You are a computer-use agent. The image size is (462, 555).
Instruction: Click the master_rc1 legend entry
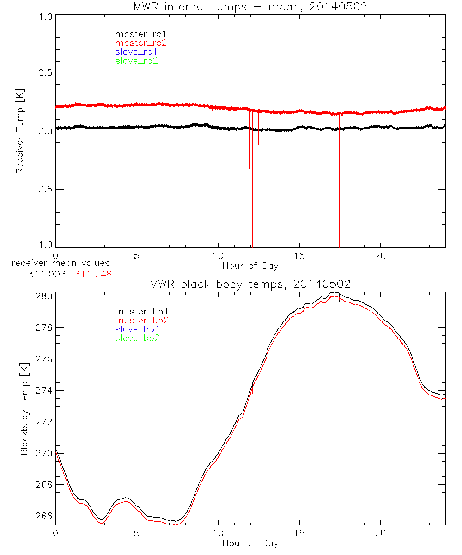click(x=136, y=34)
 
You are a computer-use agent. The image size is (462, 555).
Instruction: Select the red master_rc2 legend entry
click(x=141, y=43)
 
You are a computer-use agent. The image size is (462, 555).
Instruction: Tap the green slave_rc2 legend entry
click(x=136, y=61)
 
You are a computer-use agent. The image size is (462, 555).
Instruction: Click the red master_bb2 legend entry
click(x=142, y=320)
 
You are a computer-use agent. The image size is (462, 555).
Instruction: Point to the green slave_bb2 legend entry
click(x=138, y=339)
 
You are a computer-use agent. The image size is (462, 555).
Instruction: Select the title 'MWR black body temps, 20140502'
click(x=250, y=284)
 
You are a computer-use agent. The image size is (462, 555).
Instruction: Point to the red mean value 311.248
click(x=93, y=274)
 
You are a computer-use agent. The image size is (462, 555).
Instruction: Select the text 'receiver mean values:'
click(x=62, y=263)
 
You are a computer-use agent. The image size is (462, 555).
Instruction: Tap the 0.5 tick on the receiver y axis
click(x=45, y=73)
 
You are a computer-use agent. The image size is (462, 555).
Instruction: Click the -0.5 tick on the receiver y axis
click(x=43, y=190)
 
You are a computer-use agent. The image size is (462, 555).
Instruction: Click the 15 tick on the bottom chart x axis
click(x=299, y=533)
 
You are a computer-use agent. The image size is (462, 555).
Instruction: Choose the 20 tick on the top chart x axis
click(x=380, y=256)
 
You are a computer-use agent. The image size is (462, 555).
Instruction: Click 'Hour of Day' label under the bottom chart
click(x=250, y=543)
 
